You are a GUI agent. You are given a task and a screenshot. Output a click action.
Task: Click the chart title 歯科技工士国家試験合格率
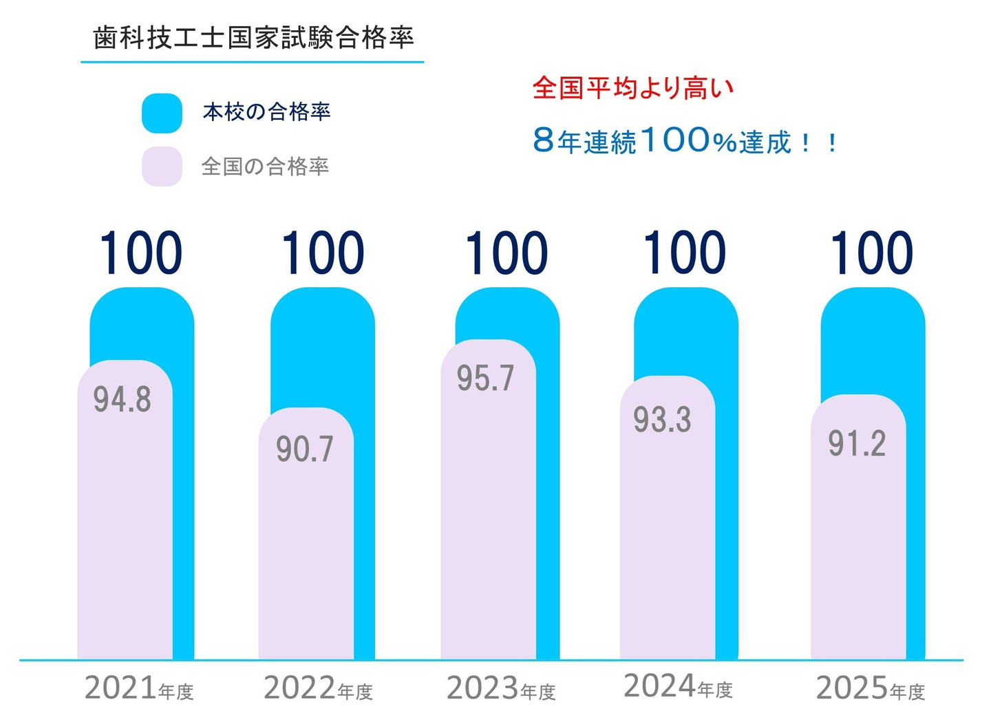[x=253, y=38]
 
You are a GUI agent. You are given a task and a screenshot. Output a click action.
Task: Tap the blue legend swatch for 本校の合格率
[x=162, y=113]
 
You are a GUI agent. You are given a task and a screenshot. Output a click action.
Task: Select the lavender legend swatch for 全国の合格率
[x=162, y=167]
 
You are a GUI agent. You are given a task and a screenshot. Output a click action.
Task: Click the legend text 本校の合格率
[x=266, y=112]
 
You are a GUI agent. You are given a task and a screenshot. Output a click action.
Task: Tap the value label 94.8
[x=122, y=399]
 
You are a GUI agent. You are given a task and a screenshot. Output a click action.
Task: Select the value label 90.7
[x=305, y=449]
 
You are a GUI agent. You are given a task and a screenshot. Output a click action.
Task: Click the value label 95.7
[x=486, y=379]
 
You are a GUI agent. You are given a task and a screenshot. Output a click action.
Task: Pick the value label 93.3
[x=662, y=420]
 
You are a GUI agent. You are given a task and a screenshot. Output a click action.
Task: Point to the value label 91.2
[x=857, y=444]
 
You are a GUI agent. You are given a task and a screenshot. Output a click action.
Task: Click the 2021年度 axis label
[x=139, y=688]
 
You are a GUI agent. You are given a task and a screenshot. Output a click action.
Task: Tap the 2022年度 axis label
[x=318, y=688]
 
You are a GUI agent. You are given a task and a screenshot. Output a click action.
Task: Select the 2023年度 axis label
[x=501, y=688]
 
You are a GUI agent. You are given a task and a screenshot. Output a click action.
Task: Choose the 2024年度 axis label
[x=678, y=686]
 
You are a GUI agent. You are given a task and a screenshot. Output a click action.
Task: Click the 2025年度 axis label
[x=870, y=688]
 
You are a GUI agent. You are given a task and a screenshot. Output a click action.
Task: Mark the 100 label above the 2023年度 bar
[x=507, y=253]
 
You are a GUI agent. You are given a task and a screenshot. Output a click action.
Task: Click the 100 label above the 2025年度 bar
[x=872, y=253]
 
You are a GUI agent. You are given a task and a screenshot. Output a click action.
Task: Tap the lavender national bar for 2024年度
[x=668, y=551]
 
